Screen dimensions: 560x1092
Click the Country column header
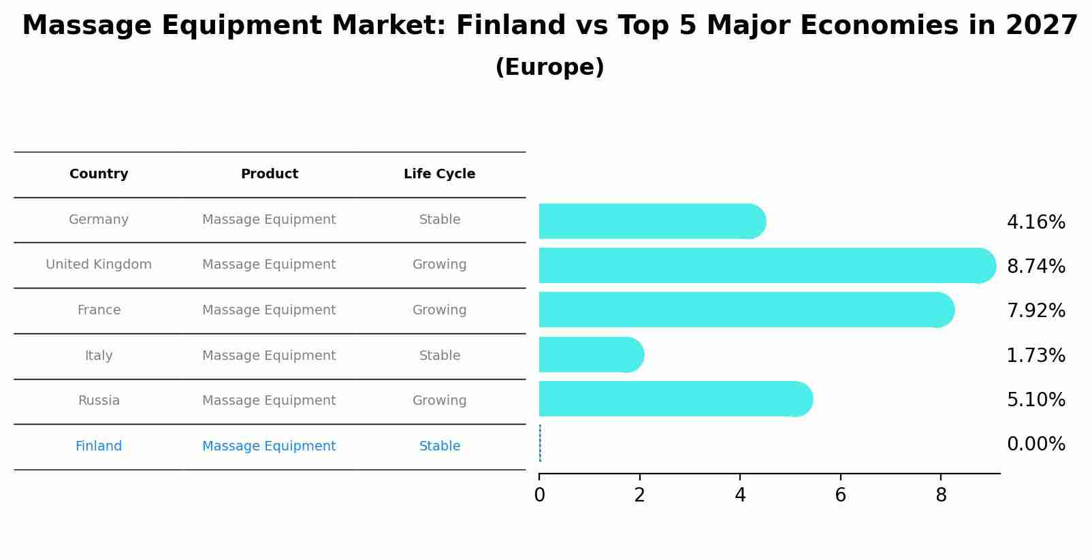click(x=99, y=174)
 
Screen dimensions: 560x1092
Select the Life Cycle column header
click(x=439, y=174)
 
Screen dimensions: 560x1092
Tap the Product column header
click(x=269, y=174)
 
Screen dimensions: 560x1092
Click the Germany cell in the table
click(x=99, y=220)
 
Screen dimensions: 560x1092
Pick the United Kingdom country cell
click(x=99, y=265)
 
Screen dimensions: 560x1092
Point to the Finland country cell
click(x=99, y=446)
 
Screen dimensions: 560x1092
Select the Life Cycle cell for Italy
click(x=439, y=356)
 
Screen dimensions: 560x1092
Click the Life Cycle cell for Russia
click(x=439, y=401)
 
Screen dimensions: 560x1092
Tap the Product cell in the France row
click(x=269, y=310)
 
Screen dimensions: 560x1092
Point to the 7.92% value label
click(x=1035, y=311)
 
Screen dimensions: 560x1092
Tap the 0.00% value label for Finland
click(x=1035, y=444)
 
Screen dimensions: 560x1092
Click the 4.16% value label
click(x=1035, y=223)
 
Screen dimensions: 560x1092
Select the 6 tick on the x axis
click(x=841, y=495)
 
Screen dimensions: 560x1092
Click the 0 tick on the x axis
click(x=539, y=495)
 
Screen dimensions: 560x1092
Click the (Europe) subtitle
click(x=549, y=67)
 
